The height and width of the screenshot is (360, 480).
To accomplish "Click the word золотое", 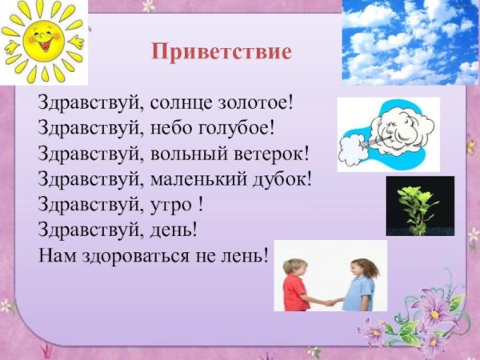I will pos(252,103).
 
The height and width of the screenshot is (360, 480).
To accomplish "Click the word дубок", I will pos(277,179).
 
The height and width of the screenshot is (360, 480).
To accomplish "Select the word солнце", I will pos(170,103).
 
